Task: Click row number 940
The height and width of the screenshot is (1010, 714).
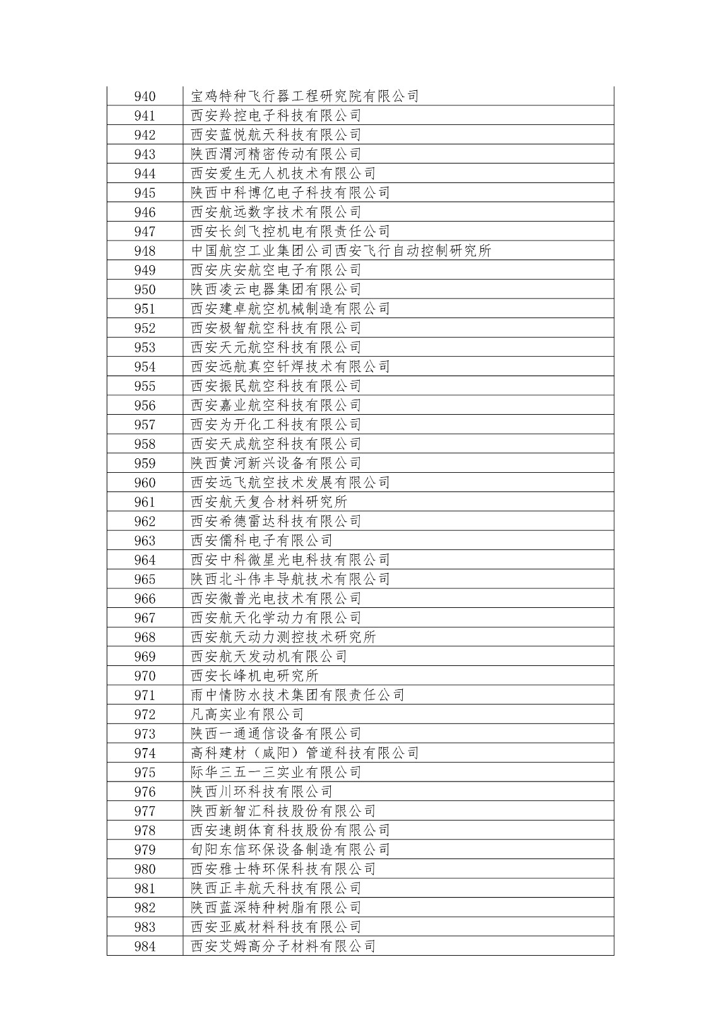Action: (x=145, y=97)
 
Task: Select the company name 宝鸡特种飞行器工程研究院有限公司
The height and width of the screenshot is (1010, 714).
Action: (x=305, y=97)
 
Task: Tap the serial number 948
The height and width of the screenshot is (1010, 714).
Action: (x=145, y=251)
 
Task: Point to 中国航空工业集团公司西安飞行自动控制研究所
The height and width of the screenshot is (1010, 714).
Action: (x=341, y=251)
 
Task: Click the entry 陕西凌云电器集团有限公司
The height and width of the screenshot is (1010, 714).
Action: (x=276, y=290)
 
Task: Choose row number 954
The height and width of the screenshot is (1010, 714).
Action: (x=145, y=367)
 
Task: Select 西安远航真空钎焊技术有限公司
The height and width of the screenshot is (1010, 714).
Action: (x=290, y=367)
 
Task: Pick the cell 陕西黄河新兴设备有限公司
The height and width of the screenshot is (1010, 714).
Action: (x=276, y=463)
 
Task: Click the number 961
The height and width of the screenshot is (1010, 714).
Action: (x=145, y=502)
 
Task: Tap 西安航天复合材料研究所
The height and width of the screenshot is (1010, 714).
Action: (x=269, y=502)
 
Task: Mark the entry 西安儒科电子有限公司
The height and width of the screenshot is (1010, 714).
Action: (x=261, y=541)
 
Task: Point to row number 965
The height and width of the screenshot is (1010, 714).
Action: (x=145, y=579)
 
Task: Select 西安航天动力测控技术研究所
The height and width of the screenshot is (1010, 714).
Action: (x=283, y=638)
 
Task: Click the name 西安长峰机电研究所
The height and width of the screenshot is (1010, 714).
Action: (x=254, y=676)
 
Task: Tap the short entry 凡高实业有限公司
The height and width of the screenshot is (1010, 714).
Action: (x=247, y=715)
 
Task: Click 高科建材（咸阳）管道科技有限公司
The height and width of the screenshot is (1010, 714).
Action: (x=305, y=753)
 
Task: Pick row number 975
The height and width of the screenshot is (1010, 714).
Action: (x=145, y=773)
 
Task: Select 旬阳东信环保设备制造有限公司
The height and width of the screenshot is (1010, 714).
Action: (x=290, y=850)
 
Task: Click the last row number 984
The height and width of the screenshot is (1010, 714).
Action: (x=145, y=946)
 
